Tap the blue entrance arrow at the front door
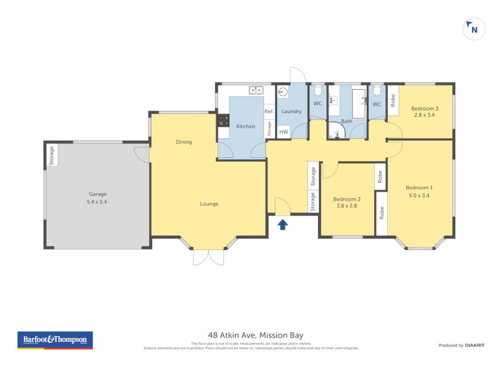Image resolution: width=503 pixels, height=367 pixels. click(282, 223)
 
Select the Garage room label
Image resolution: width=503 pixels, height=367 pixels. click(97, 194)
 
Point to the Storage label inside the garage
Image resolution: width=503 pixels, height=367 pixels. click(52, 155)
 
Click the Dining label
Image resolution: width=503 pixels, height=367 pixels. click(184, 142)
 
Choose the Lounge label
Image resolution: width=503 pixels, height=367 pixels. click(209, 204)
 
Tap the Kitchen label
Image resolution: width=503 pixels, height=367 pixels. click(245, 126)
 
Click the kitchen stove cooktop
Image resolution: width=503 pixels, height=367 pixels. click(223, 119)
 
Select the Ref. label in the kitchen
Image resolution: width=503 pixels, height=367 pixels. click(268, 112)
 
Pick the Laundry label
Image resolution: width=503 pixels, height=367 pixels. click(291, 111)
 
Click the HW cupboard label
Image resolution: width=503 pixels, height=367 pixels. click(284, 132)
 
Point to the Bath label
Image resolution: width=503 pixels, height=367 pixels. click(346, 121)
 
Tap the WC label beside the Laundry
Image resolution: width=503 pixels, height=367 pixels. click(318, 104)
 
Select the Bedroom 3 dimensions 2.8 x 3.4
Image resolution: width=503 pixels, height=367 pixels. click(426, 115)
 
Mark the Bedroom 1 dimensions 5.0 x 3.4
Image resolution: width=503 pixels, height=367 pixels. click(419, 195)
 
